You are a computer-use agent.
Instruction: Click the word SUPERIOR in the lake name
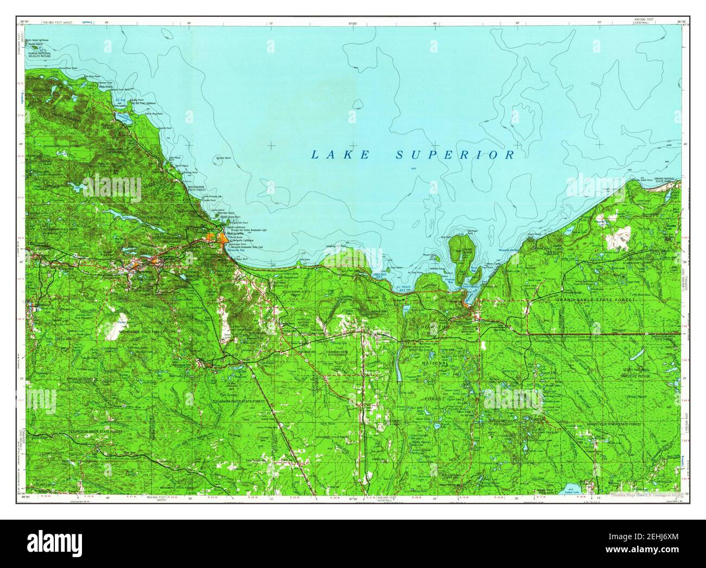click(455, 155)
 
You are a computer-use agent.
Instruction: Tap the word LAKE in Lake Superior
click(340, 155)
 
